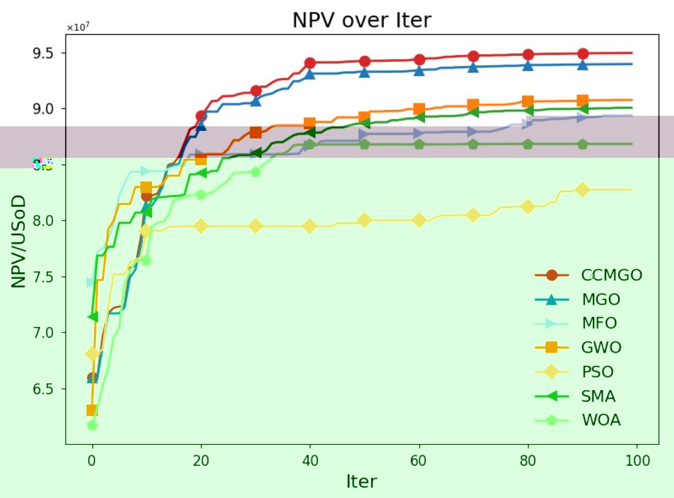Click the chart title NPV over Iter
361,20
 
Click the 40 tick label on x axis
310,461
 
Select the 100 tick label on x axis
637,461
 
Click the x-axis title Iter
361,482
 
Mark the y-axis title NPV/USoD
19,241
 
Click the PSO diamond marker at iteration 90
583,189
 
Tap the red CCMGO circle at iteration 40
310,63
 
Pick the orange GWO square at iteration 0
92,411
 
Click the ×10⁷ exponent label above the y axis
78,27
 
